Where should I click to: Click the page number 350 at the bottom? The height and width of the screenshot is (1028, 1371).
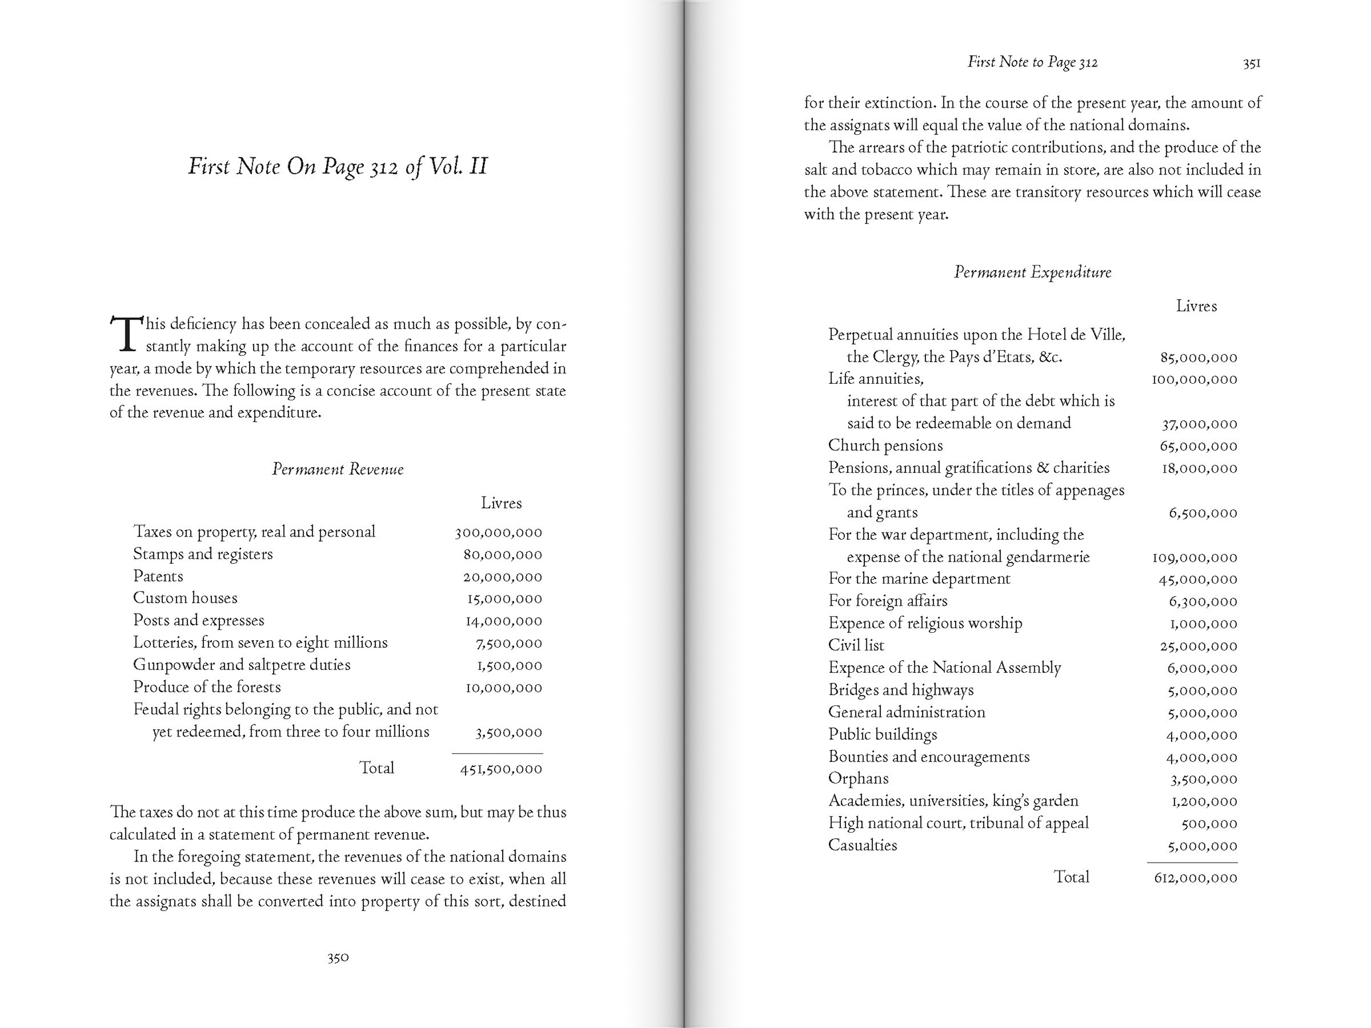click(338, 958)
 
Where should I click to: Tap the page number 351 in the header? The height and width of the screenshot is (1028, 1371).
click(1251, 63)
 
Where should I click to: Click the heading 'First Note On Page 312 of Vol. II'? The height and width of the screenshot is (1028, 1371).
click(338, 166)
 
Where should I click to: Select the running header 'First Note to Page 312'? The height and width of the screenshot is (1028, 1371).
click(1032, 62)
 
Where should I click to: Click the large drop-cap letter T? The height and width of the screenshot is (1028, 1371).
click(126, 334)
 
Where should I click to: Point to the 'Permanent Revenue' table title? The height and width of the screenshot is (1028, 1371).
click(338, 470)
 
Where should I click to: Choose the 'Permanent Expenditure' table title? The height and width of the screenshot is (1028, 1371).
click(1032, 272)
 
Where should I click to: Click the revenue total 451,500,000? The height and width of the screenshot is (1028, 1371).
click(501, 769)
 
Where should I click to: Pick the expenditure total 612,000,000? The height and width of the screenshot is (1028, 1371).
click(1195, 878)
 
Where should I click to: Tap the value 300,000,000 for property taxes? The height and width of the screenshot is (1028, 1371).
click(498, 533)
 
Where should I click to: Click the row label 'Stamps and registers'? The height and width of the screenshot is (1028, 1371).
click(203, 554)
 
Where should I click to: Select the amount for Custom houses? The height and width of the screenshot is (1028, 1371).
click(504, 599)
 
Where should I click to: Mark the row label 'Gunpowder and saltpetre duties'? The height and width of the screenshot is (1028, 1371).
click(242, 665)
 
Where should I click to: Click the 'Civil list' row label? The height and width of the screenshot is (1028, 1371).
click(856, 645)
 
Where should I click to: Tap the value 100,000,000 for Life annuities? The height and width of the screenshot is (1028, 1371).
click(1194, 380)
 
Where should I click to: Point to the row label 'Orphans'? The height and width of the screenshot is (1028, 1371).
click(858, 778)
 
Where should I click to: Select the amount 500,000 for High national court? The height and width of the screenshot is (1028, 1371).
click(1209, 824)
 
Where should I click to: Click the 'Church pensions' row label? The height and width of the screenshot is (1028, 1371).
click(885, 446)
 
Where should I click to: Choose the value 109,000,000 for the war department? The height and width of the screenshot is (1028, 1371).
click(1194, 558)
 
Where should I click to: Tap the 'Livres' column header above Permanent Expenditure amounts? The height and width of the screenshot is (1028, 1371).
click(1196, 306)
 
